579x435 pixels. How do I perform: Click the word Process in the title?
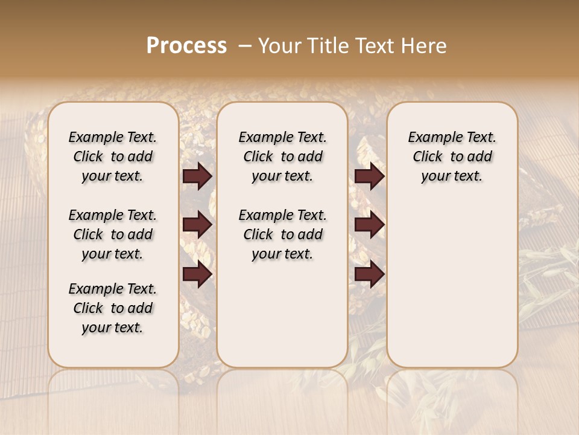point(186,45)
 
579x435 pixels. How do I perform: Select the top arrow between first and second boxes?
point(197,176)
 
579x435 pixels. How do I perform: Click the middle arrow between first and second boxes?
point(197,225)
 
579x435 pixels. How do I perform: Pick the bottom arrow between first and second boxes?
point(197,275)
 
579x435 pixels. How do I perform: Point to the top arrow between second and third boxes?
point(369,176)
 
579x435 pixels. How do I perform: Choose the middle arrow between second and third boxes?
point(369,225)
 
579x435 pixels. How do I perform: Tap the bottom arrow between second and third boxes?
point(369,275)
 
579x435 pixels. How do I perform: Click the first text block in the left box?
point(113,156)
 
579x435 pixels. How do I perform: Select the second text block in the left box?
point(113,234)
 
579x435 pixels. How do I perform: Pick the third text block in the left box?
point(113,308)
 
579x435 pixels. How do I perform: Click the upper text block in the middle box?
point(282,156)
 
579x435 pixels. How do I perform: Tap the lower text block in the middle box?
point(282,234)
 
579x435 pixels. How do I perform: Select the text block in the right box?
point(452,156)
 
